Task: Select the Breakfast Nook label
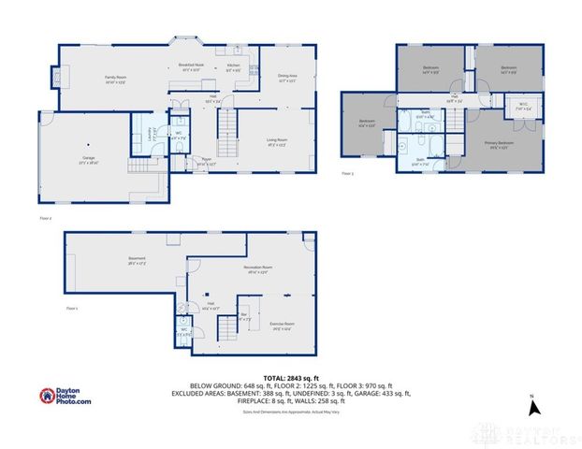click(x=192, y=66)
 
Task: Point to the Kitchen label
click(x=234, y=68)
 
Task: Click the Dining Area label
click(x=287, y=79)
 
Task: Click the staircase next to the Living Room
click(x=226, y=134)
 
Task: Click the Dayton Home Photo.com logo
click(x=65, y=397)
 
